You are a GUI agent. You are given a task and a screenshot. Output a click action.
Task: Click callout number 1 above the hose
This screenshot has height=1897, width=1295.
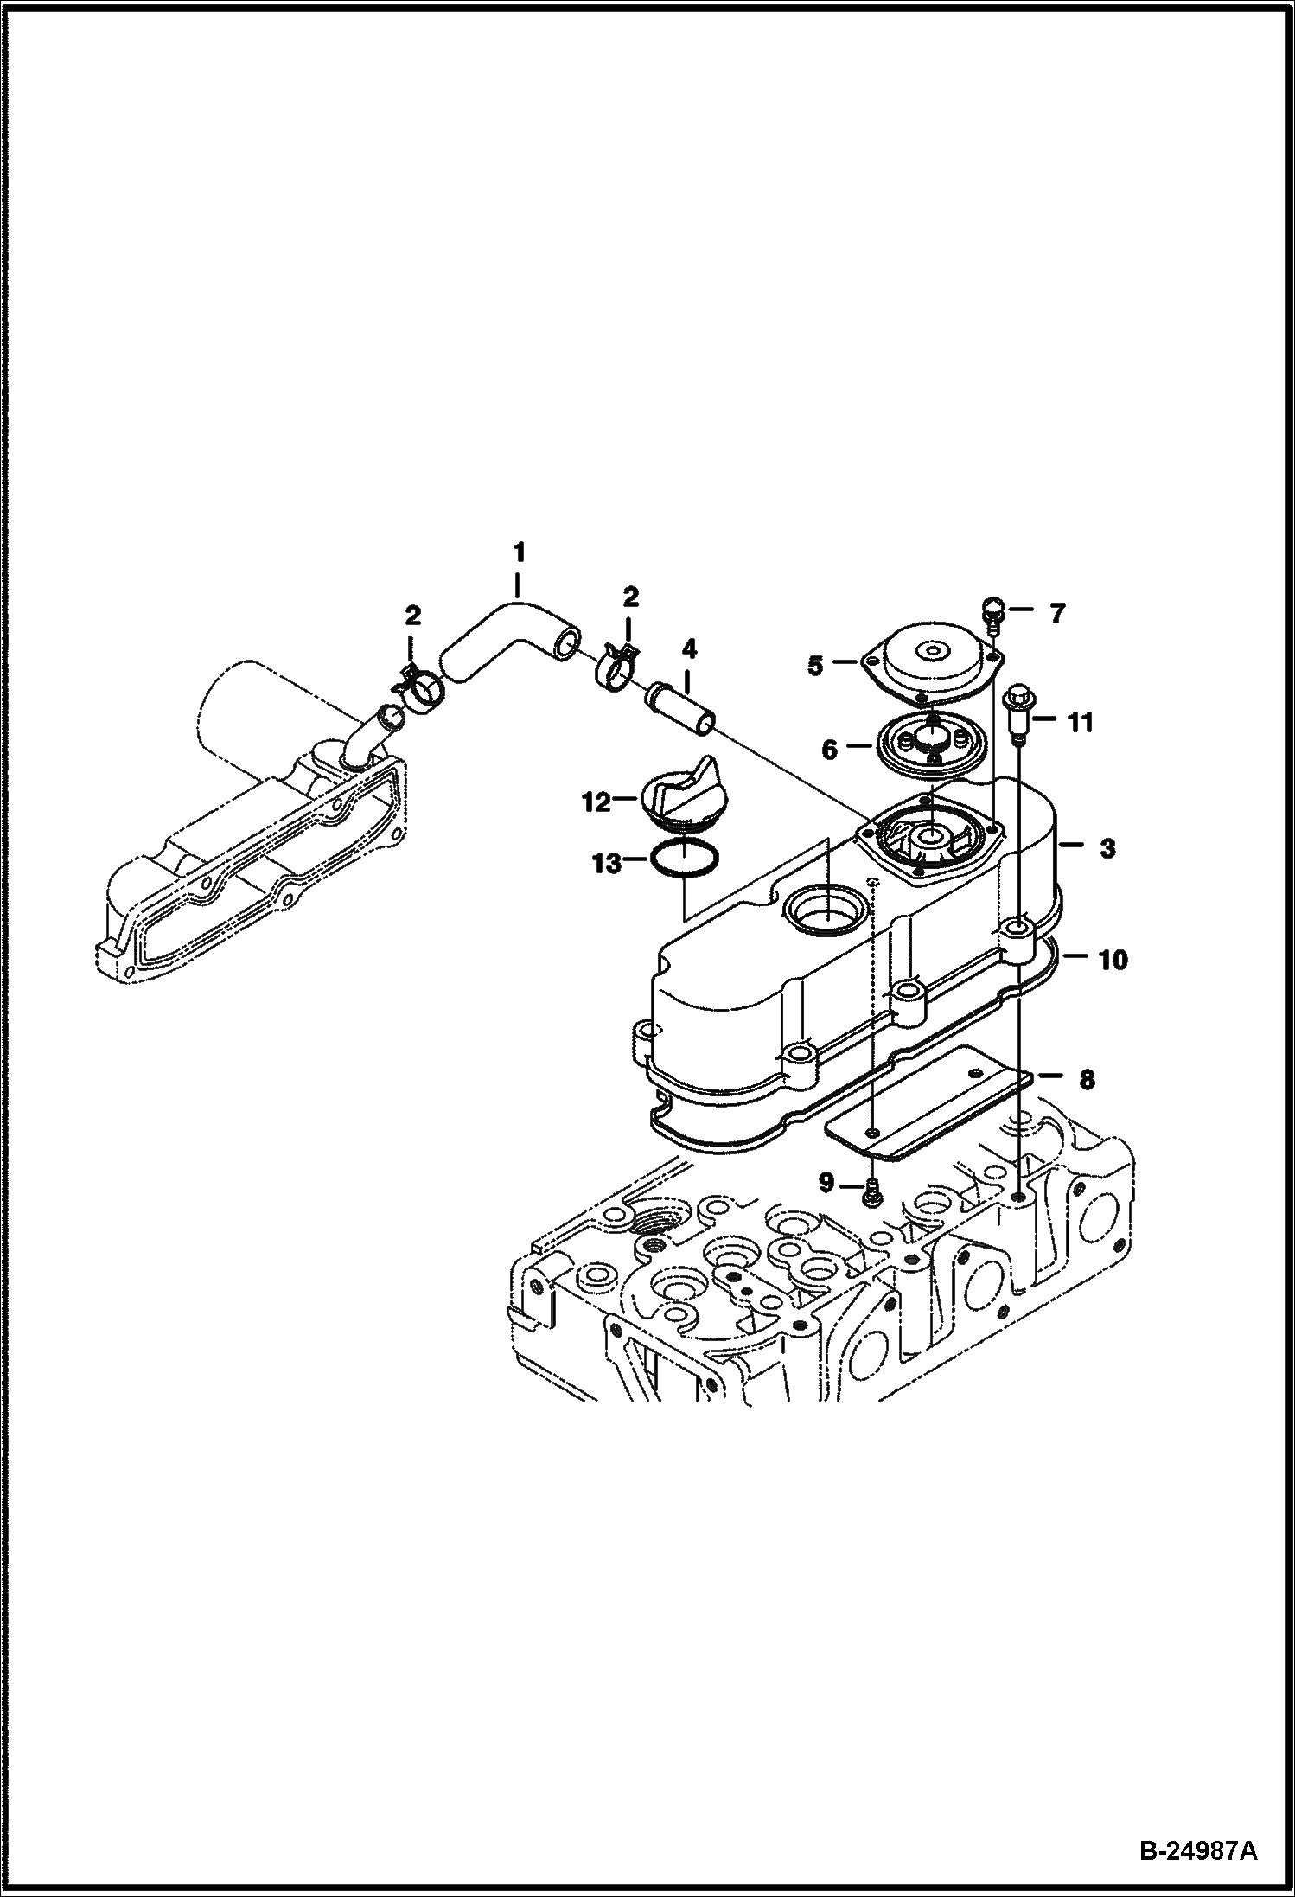coord(519,552)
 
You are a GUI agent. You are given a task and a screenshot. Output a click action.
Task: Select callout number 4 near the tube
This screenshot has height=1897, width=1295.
coord(688,648)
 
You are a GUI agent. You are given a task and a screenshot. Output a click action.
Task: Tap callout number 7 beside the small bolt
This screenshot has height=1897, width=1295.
coord(1057,614)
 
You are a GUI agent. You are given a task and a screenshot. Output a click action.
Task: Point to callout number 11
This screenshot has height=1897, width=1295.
coord(1081,722)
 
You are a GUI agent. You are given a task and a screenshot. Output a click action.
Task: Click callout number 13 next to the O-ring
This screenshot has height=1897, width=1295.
coord(607,863)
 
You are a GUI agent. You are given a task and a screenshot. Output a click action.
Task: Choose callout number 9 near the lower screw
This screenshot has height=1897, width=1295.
coord(826,1183)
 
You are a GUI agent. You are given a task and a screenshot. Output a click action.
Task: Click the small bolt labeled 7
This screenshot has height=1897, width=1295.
coord(994,616)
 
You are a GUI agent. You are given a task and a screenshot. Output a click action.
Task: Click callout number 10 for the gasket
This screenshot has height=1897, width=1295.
coord(1113,960)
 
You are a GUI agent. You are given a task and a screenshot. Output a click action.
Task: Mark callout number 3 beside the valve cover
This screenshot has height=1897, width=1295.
coord(1108,848)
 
